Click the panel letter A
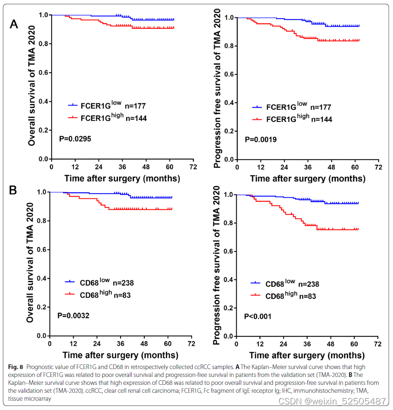pyautogui.click(x=14, y=24)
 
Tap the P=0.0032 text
pyautogui.click(x=74, y=316)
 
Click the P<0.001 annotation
pyautogui.click(x=258, y=316)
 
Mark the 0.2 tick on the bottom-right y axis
pyautogui.click(x=229, y=308)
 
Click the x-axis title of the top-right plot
pyautogui.click(x=307, y=178)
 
